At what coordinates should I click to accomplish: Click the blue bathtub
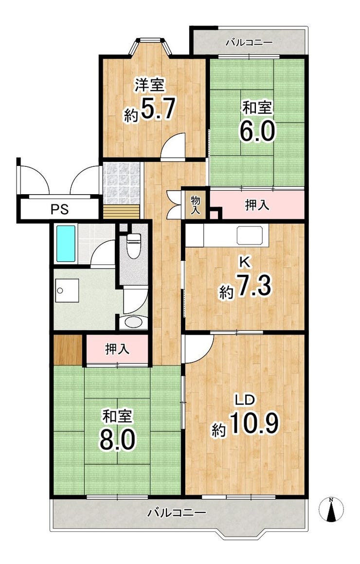(66, 243)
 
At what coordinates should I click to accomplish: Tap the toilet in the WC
(134, 245)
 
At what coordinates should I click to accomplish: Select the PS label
(59, 209)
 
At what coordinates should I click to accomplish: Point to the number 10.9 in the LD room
(254, 423)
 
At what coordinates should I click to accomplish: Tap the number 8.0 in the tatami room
(117, 439)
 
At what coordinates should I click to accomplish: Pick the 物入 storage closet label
(195, 205)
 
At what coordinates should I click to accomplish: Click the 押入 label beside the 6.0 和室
(257, 205)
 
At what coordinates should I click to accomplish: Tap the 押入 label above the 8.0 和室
(117, 349)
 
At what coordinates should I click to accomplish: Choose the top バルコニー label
(249, 43)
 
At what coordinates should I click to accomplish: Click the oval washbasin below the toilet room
(133, 322)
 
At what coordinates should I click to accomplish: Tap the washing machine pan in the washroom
(67, 291)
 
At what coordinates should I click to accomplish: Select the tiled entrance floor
(122, 183)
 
